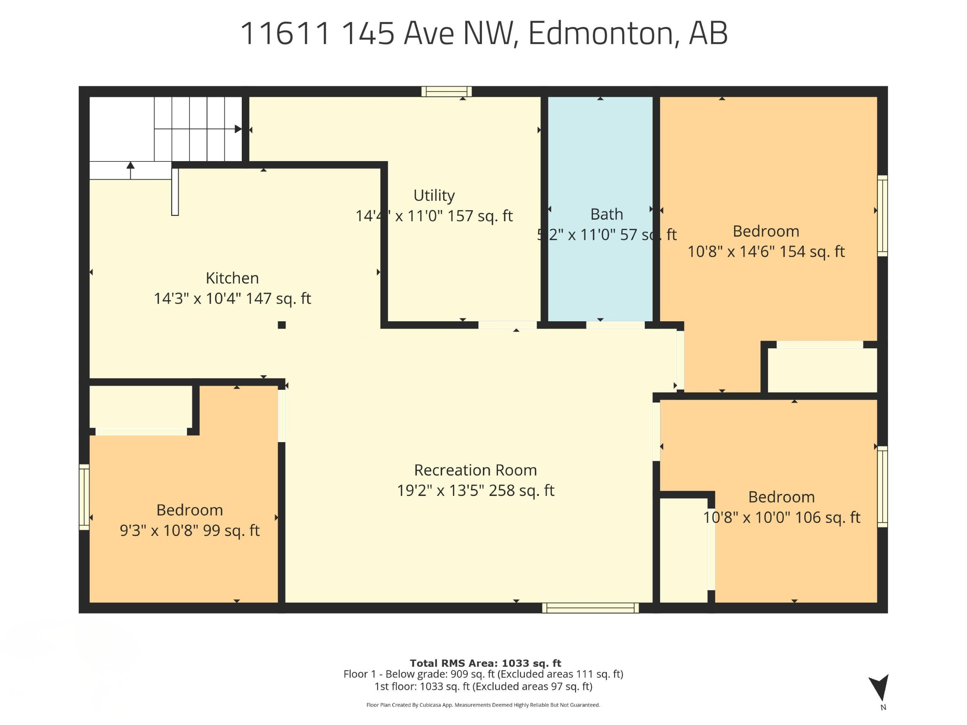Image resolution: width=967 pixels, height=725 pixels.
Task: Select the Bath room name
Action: click(x=606, y=214)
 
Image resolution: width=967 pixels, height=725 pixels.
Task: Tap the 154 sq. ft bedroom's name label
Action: click(x=766, y=231)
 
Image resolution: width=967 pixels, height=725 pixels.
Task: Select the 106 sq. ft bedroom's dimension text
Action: click(x=781, y=517)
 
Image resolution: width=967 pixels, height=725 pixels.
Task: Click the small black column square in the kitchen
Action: click(x=281, y=325)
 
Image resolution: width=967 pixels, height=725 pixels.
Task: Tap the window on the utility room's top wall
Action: click(x=446, y=91)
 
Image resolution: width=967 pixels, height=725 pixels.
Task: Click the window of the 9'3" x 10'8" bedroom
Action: click(x=84, y=497)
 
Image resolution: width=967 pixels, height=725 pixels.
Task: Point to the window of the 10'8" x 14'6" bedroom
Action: click(x=882, y=216)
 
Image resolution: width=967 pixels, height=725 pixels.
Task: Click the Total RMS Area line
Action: click(x=485, y=663)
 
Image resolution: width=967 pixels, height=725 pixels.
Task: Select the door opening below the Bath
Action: click(x=615, y=325)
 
